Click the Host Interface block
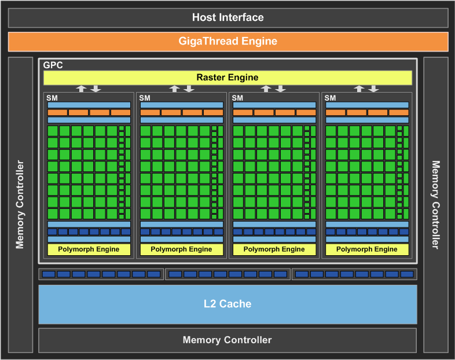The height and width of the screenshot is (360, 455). click(x=227, y=17)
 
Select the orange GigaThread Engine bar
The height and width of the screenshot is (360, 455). click(x=227, y=42)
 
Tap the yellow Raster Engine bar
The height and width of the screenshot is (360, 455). click(x=227, y=78)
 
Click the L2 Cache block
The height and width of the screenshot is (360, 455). click(x=227, y=304)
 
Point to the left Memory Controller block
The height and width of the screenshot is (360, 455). click(x=20, y=204)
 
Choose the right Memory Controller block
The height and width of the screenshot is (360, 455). click(x=435, y=204)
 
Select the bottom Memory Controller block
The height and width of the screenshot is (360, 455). click(x=227, y=340)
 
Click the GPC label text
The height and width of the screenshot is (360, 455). click(x=53, y=65)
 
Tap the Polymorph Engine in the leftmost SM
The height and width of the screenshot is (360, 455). click(x=89, y=249)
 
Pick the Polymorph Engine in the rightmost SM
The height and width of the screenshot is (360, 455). click(x=367, y=249)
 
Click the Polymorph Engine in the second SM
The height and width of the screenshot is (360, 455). click(x=181, y=249)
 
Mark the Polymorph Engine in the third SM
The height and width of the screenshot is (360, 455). click(x=274, y=249)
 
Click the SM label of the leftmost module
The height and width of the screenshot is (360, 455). click(x=52, y=98)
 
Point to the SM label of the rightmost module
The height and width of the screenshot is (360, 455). click(x=330, y=98)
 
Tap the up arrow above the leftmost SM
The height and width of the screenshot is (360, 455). click(x=82, y=89)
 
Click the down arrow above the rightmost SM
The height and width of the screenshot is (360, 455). click(x=374, y=89)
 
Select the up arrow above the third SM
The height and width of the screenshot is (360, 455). click(x=266, y=89)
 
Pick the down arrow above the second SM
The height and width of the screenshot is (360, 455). click(x=189, y=89)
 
